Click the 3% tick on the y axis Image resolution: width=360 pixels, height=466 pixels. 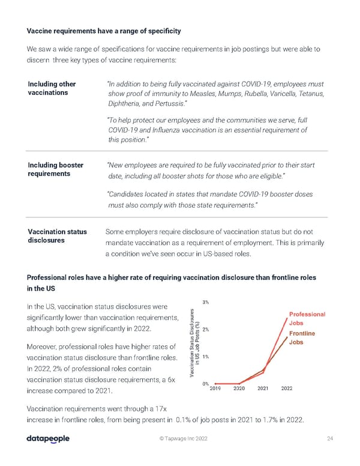click(205, 302)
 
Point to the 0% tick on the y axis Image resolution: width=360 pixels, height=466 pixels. click(205, 384)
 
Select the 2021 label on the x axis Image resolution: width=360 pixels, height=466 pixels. click(263, 389)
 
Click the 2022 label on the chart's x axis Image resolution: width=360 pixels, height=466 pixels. click(286, 389)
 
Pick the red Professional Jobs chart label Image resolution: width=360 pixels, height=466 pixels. click(307, 318)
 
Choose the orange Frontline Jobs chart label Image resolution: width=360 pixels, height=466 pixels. click(304, 338)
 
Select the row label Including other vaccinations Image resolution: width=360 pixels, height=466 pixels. click(52, 88)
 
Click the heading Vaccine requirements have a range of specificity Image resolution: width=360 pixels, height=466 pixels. click(104, 31)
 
